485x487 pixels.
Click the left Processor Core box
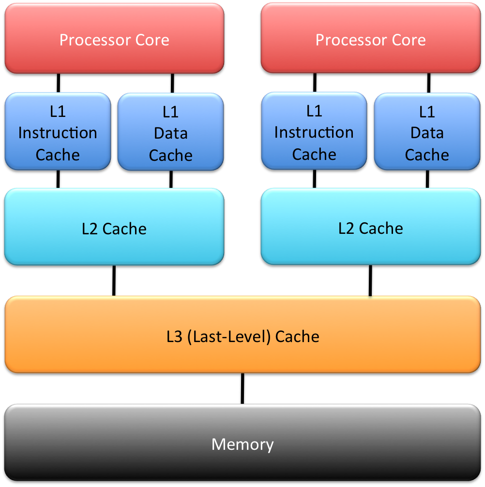pos(114,39)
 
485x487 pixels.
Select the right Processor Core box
pos(370,39)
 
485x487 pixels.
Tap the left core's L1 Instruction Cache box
pos(58,131)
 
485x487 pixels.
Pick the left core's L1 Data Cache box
pos(170,131)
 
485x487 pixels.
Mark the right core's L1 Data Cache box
pos(427,131)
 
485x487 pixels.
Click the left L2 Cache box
pos(114,227)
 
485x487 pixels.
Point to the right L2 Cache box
pos(370,227)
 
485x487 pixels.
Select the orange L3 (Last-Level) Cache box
pos(242,334)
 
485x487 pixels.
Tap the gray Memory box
pos(242,443)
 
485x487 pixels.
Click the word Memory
pos(242,444)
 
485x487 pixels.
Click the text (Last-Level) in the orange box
pos(228,336)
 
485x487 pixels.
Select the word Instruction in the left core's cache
pos(58,133)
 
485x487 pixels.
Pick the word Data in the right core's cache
pos(427,133)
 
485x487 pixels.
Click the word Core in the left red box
pos(153,40)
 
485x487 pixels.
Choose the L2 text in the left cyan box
pos(90,228)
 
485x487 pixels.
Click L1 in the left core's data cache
pos(170,112)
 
